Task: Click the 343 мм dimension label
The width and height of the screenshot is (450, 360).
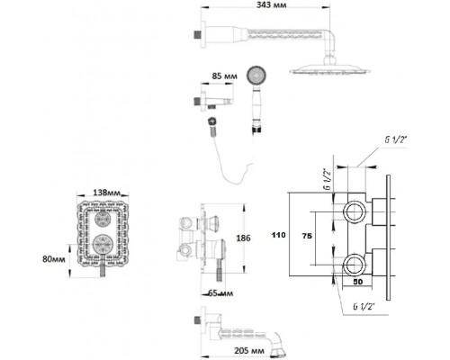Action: click(x=271, y=5)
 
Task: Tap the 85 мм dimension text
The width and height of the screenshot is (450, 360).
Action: click(x=224, y=76)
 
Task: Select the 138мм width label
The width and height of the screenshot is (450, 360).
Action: click(x=106, y=193)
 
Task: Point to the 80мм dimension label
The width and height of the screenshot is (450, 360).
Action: click(x=54, y=259)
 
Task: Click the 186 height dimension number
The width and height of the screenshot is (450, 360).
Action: click(x=243, y=238)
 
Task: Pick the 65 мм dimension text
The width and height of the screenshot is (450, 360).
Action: click(x=220, y=293)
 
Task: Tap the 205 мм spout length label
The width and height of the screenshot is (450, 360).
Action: click(x=249, y=350)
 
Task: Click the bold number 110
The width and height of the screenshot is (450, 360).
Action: click(x=278, y=235)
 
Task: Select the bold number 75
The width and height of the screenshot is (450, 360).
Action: click(x=307, y=236)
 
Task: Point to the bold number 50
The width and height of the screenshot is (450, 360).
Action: click(x=357, y=282)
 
